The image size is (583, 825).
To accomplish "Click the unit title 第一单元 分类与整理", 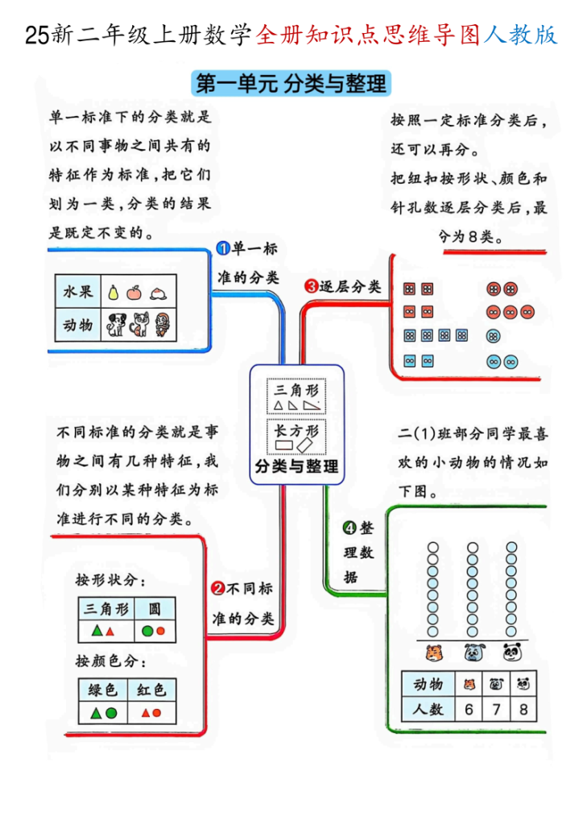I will click(x=291, y=83).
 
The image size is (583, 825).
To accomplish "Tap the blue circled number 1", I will click(x=225, y=249).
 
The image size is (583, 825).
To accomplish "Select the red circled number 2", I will click(x=217, y=590).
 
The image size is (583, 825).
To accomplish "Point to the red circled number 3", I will click(x=311, y=286).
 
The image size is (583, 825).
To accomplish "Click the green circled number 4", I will click(x=349, y=529).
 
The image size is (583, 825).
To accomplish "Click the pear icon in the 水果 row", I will click(x=114, y=292).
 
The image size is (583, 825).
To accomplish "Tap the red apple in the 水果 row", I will click(x=134, y=292).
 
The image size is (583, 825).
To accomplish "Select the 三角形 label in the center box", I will click(x=296, y=389).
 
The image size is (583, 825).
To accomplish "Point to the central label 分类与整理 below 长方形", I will click(x=296, y=466).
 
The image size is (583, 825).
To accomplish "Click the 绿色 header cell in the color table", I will click(x=103, y=689).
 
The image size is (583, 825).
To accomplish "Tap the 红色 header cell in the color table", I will click(x=151, y=689).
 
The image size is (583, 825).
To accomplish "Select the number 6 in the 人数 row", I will click(x=469, y=710).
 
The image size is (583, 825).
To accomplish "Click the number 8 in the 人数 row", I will click(x=524, y=710).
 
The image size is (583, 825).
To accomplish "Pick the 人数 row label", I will click(x=428, y=710).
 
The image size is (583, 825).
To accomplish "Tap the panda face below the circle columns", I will click(x=512, y=651).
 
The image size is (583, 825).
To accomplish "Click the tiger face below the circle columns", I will click(x=432, y=651).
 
